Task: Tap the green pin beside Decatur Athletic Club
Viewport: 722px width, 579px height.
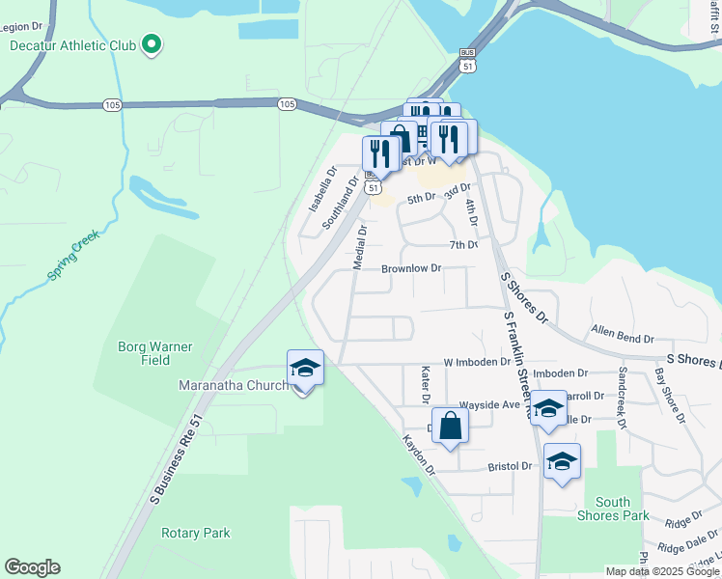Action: [151, 44]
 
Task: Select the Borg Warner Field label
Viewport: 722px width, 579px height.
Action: [155, 353]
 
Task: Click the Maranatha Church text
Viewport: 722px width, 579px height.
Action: [233, 386]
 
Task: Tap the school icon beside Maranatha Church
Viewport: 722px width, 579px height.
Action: [305, 370]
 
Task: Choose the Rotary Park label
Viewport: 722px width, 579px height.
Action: [196, 533]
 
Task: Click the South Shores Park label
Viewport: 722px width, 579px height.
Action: [622, 509]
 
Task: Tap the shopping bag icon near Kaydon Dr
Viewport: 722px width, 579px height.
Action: [451, 426]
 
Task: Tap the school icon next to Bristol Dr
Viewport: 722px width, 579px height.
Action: [562, 462]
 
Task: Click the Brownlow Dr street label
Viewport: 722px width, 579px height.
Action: [411, 268]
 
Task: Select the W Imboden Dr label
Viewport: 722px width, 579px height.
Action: [477, 362]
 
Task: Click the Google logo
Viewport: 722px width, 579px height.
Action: [32, 567]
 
